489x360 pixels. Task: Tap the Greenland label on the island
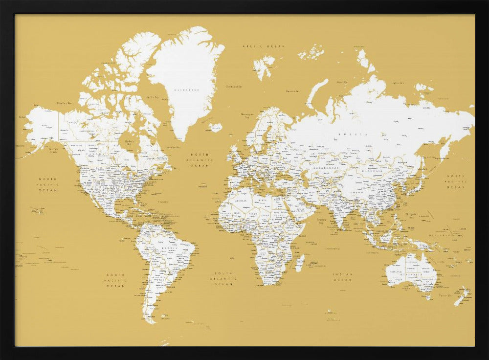(188, 90)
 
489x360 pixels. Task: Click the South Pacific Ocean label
(116, 280)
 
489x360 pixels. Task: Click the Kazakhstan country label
(326, 167)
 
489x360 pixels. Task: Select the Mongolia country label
(372, 171)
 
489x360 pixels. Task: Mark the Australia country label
(410, 274)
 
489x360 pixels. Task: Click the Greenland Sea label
(234, 87)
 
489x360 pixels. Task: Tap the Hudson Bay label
(129, 142)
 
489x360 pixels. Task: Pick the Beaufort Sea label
(64, 103)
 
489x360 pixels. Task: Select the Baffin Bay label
(152, 97)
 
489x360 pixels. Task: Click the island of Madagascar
(300, 263)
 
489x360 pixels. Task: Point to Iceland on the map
(215, 127)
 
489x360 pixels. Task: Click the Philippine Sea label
(412, 214)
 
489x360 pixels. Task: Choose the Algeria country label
(240, 201)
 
